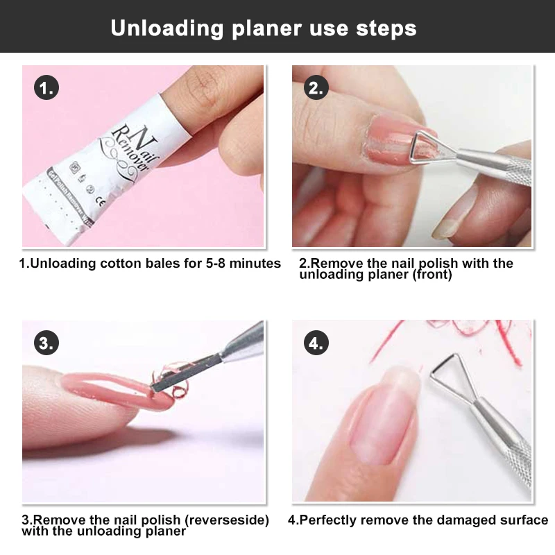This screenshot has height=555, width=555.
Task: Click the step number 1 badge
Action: coord(46,89)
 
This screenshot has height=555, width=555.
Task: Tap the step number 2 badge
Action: coord(316,89)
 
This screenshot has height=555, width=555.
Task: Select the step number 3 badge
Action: coord(46,343)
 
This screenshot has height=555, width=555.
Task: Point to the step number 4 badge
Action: coord(316,343)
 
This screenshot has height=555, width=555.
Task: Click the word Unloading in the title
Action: coord(157,28)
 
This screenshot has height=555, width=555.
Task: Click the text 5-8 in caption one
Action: coord(219,264)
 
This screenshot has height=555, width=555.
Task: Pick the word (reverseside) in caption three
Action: coord(221,520)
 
